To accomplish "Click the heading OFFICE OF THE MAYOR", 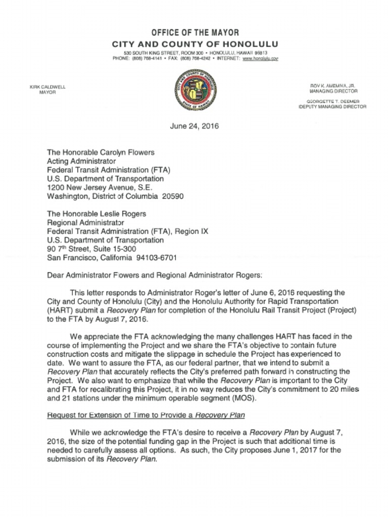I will click(195, 33).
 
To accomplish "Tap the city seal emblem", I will click(195, 91).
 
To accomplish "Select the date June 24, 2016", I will click(195, 126).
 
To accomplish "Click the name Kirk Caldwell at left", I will click(47, 87).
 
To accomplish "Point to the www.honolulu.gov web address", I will click(261, 59).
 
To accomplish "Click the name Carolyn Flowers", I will click(130, 151).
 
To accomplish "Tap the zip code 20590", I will click(172, 196).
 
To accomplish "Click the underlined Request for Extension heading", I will click(145, 415).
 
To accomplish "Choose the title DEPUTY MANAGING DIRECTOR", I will click(332, 107).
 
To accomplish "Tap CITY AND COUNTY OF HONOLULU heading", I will click(195, 44).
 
